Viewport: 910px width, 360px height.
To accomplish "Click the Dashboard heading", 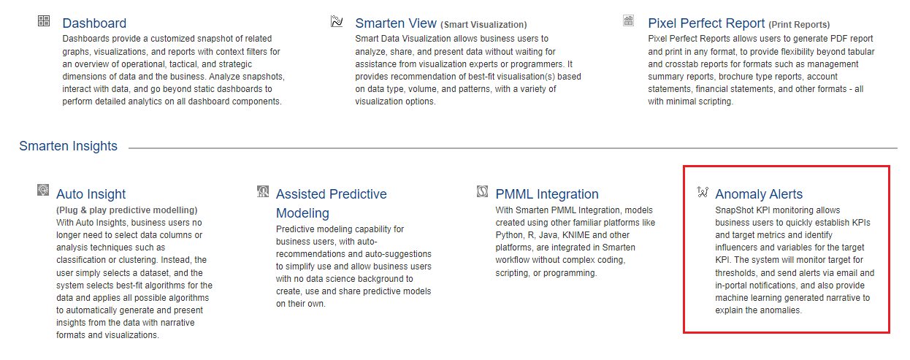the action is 94,23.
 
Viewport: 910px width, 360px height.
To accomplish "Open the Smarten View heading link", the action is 396,23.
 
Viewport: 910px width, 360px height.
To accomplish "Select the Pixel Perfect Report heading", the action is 706,23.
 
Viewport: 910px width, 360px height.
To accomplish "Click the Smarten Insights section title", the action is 68,146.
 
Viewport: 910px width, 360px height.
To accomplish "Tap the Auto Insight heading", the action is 91,194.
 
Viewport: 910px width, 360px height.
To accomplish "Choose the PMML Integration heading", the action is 547,194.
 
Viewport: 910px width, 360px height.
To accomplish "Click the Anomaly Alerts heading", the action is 759,194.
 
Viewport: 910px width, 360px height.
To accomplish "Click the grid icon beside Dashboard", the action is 44,20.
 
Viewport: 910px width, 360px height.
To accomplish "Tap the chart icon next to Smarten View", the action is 337,21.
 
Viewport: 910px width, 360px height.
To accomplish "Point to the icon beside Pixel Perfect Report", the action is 629,20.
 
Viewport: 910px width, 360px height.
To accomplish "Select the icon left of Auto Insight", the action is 43,190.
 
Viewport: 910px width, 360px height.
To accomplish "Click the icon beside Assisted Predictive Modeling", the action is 263,191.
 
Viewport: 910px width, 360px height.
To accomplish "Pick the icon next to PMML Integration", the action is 482,191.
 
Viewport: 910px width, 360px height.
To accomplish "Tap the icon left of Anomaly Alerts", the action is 703,191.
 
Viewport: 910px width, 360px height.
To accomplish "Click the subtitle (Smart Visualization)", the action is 483,24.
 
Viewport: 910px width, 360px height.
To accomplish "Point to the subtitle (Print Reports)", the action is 799,24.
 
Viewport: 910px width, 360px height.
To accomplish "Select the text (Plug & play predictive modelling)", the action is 127,210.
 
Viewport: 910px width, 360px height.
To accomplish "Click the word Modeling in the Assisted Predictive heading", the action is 302,213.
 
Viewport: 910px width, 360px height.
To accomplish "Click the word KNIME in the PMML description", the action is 576,235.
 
